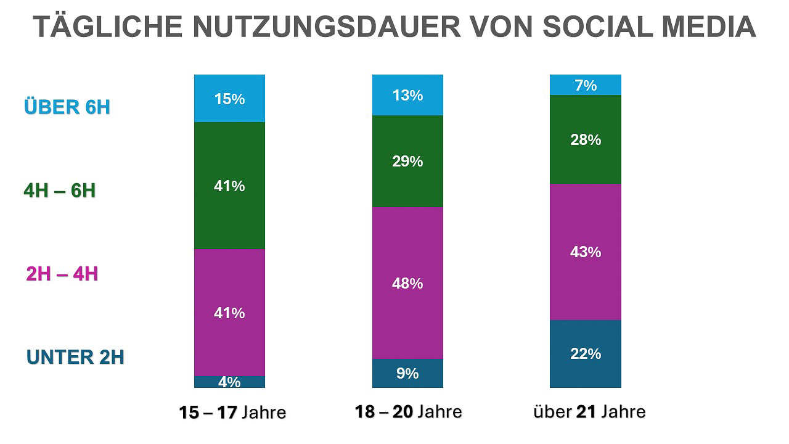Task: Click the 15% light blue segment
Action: (229, 99)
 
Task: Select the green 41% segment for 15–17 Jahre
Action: (229, 185)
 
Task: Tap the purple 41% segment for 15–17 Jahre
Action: (229, 312)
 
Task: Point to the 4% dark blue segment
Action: (229, 382)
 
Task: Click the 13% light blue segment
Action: (407, 95)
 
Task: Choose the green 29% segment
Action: (407, 161)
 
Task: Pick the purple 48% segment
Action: (407, 283)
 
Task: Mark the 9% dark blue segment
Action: (407, 373)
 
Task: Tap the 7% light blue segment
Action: (585, 85)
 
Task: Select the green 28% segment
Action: (585, 139)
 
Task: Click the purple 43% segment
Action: (585, 252)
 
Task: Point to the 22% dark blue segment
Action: (585, 353)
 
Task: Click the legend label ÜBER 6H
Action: (67, 107)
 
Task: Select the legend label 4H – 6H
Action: (60, 191)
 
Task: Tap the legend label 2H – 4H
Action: (62, 273)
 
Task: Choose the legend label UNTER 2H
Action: (75, 357)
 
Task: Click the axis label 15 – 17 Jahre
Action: (232, 412)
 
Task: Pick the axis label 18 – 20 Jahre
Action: (408, 411)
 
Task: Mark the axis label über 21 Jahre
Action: (589, 411)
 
